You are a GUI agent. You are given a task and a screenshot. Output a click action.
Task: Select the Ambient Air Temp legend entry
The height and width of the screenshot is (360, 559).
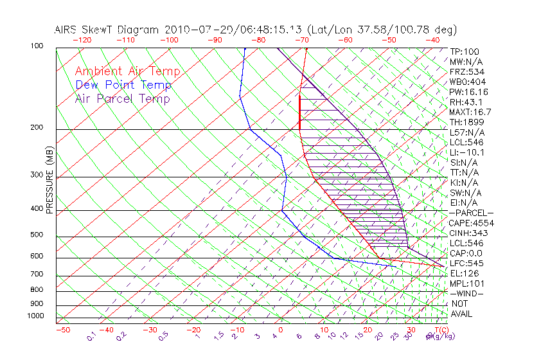[127, 71]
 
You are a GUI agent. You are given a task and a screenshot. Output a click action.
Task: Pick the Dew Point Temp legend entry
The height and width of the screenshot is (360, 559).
[123, 85]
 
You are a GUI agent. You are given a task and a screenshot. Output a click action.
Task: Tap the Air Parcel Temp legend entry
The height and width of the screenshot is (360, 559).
[122, 98]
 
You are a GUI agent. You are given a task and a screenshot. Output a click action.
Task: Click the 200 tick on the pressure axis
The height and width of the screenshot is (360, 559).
[37, 127]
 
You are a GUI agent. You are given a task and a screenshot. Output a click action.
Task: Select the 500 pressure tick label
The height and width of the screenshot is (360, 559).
[37, 235]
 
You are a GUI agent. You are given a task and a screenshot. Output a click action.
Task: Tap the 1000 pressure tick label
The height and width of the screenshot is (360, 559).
[35, 316]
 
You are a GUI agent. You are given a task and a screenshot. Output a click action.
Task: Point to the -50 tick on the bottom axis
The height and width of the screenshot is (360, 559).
[62, 330]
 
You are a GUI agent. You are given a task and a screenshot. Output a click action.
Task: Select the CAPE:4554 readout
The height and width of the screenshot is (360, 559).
[471, 223]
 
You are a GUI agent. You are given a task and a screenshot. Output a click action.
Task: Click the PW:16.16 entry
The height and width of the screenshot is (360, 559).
[469, 92]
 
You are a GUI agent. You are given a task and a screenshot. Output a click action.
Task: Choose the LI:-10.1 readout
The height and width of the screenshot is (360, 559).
[467, 152]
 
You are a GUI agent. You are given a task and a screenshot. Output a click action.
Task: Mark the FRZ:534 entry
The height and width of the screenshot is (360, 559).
[466, 71]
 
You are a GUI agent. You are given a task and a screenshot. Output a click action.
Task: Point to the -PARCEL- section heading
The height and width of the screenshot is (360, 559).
[471, 213]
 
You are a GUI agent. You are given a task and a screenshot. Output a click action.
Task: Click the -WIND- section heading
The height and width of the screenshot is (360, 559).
[467, 294]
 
